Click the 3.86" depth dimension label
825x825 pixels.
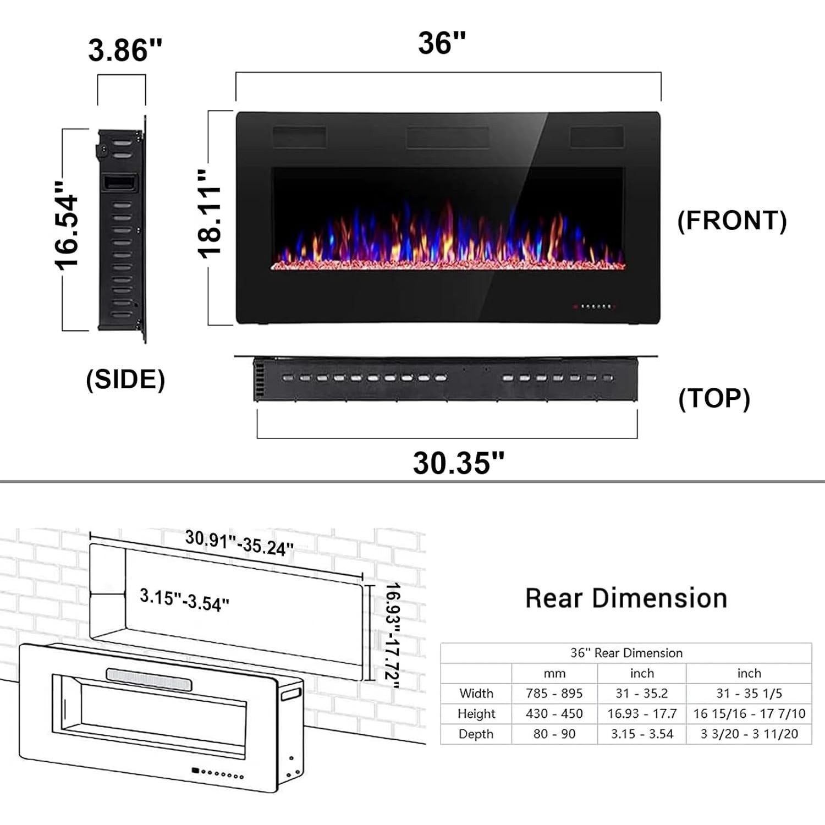point(125,50)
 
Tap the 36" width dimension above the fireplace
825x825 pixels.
point(442,43)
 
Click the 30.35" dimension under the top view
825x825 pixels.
point(459,463)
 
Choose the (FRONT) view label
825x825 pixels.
point(732,220)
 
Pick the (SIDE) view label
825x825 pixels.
point(125,380)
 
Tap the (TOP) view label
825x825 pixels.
point(714,398)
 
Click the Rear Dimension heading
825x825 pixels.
point(626,598)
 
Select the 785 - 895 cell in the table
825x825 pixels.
point(554,694)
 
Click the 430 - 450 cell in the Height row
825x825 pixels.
point(554,714)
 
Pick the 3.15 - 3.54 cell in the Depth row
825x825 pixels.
point(642,734)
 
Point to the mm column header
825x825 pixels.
point(554,673)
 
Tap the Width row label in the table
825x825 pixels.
point(476,694)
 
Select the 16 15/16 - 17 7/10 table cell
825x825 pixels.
point(749,714)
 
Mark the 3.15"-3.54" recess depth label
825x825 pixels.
point(184,599)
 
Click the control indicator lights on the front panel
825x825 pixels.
point(594,306)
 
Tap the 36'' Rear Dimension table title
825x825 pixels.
point(626,653)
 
